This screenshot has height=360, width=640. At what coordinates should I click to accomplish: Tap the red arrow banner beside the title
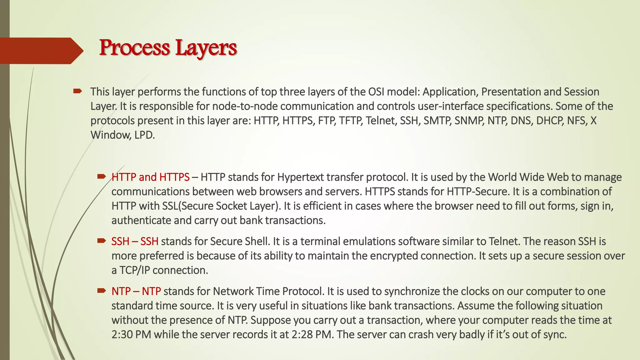pyautogui.click(x=41, y=51)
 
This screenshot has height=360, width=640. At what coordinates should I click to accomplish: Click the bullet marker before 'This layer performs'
pyautogui.click(x=77, y=91)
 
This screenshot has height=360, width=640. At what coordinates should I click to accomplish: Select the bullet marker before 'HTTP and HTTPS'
pyautogui.click(x=101, y=177)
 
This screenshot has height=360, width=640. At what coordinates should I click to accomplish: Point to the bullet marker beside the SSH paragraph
pyautogui.click(x=101, y=241)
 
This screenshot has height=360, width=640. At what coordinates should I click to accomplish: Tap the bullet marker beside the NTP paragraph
pyautogui.click(x=101, y=291)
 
